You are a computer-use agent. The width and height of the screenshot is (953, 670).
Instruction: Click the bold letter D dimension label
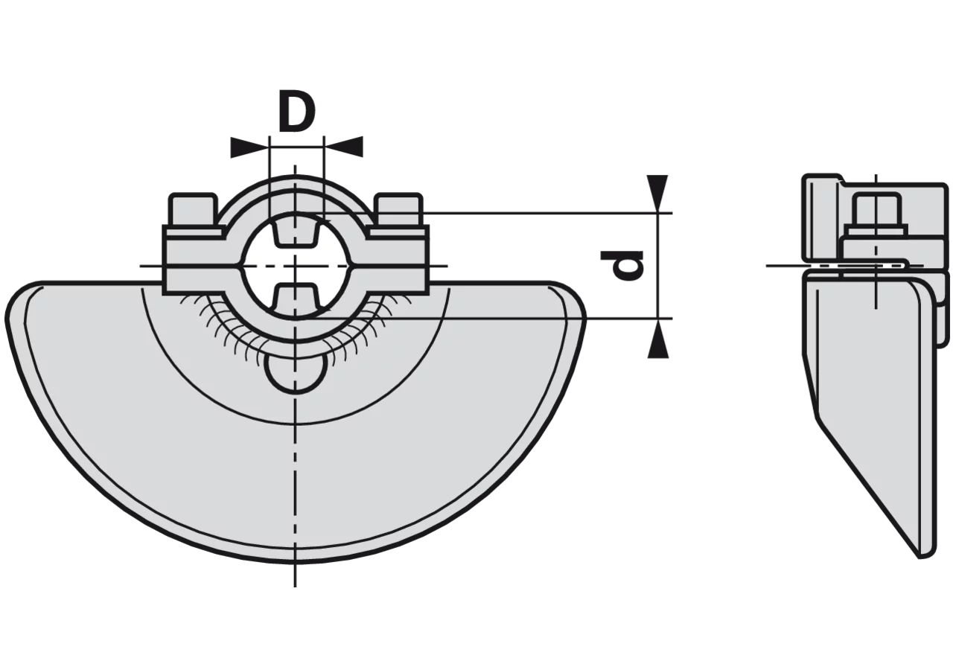(297, 112)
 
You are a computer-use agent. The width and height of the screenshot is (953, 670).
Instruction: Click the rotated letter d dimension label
(622, 266)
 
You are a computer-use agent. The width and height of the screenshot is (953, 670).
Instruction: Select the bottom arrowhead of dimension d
(657, 338)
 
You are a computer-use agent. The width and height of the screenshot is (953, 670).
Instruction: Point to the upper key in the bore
(296, 232)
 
